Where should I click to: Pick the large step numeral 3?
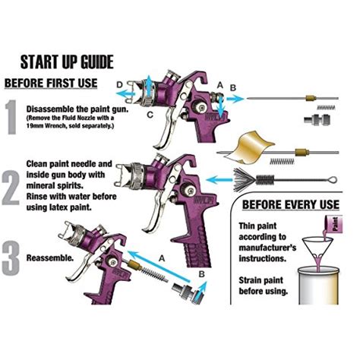point(12,257)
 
